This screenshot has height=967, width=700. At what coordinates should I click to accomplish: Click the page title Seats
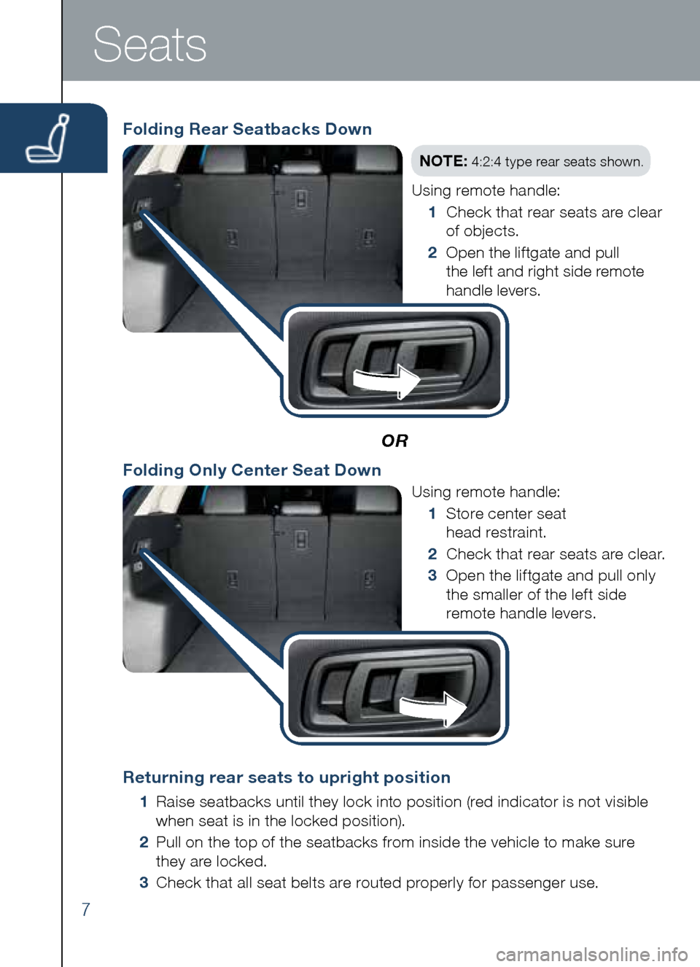(x=149, y=44)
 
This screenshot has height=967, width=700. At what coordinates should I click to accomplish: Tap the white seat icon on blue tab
(x=49, y=139)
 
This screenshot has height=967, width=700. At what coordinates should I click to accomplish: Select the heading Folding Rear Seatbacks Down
(x=247, y=129)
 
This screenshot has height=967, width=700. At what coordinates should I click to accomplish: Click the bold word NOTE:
(x=443, y=161)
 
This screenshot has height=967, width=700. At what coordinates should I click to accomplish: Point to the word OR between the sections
(x=394, y=440)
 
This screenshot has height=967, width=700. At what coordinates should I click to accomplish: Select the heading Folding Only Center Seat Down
(x=252, y=470)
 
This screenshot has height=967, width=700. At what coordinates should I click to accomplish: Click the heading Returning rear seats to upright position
(x=287, y=777)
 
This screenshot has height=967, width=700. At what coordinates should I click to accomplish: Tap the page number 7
(x=85, y=909)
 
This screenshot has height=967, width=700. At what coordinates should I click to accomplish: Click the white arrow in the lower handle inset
(x=434, y=708)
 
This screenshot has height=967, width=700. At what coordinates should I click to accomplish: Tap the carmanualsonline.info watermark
(x=591, y=954)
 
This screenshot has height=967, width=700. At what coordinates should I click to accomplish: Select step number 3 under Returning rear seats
(x=144, y=883)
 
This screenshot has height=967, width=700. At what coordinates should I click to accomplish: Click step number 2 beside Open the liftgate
(x=432, y=253)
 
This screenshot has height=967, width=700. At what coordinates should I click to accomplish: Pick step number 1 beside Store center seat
(x=432, y=514)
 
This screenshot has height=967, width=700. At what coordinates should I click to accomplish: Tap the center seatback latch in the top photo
(x=300, y=199)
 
